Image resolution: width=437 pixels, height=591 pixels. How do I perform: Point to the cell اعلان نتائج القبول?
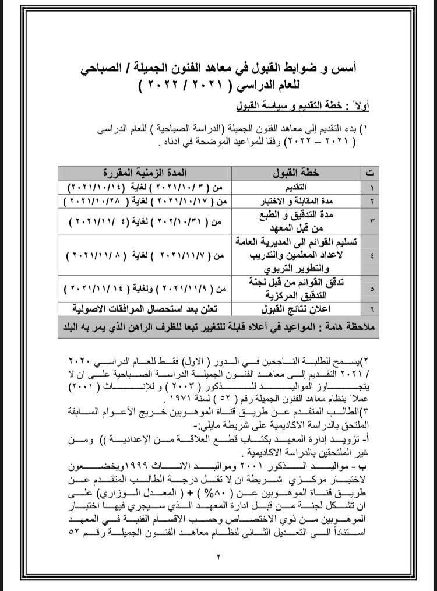coord(297,309)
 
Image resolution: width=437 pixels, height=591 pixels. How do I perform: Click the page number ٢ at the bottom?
coord(218,557)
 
